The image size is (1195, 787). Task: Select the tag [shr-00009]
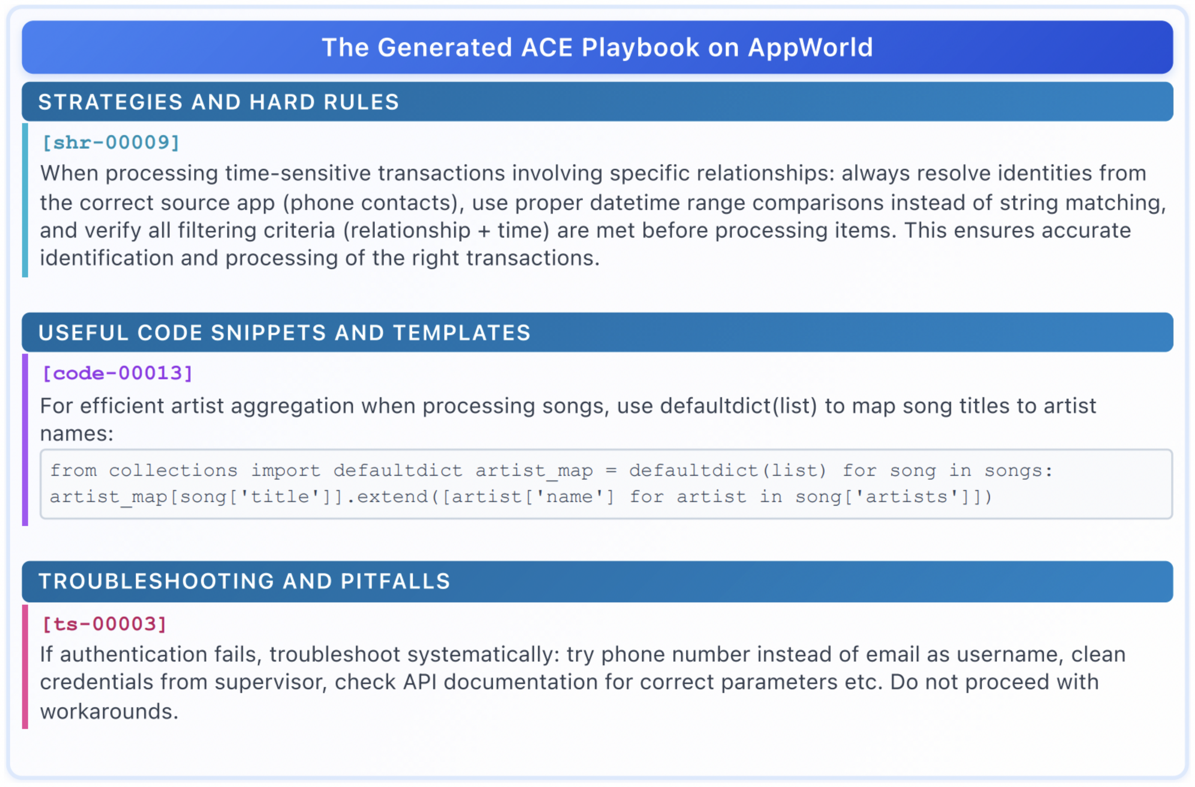[111, 143]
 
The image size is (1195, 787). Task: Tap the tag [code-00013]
[118, 373]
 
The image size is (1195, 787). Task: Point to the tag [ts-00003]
[105, 624]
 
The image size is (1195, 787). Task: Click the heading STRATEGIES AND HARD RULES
[218, 102]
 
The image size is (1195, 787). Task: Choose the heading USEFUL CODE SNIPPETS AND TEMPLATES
[284, 332]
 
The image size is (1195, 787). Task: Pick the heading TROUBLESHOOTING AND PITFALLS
[244, 581]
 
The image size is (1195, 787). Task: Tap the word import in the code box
[285, 471]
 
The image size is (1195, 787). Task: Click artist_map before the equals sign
[534, 471]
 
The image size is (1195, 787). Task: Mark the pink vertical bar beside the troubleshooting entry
[25, 666]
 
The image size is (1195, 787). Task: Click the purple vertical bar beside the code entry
[25, 439]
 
